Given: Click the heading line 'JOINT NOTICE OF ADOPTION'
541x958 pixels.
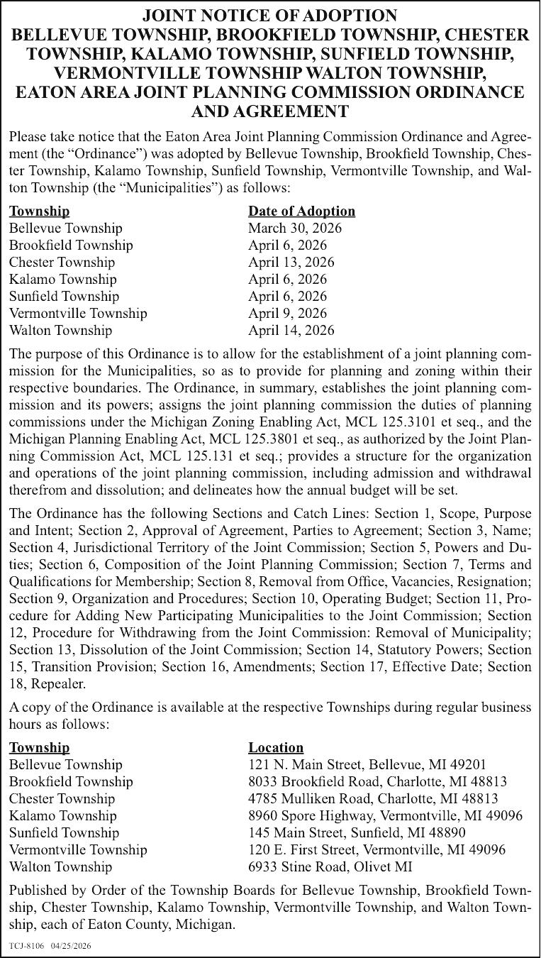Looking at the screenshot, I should (270, 16).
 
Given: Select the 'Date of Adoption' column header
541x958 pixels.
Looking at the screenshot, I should (301, 211).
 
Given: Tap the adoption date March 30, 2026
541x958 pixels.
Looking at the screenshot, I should (294, 228).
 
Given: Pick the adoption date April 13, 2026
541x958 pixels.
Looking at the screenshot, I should (291, 262).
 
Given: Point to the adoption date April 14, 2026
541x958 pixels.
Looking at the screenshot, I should (291, 330).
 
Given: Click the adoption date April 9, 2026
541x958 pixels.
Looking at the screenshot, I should (287, 313).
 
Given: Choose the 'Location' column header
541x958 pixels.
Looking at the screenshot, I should (276, 747).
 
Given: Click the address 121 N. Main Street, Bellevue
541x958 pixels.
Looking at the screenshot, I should (367, 764).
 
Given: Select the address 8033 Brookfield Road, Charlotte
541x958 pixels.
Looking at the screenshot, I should (377, 781).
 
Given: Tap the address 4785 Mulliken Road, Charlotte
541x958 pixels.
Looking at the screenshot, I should (373, 798).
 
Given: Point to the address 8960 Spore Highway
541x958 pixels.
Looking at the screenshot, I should (385, 815).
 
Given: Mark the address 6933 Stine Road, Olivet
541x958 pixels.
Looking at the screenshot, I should (330, 866).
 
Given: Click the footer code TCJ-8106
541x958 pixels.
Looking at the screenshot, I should (26, 946).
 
